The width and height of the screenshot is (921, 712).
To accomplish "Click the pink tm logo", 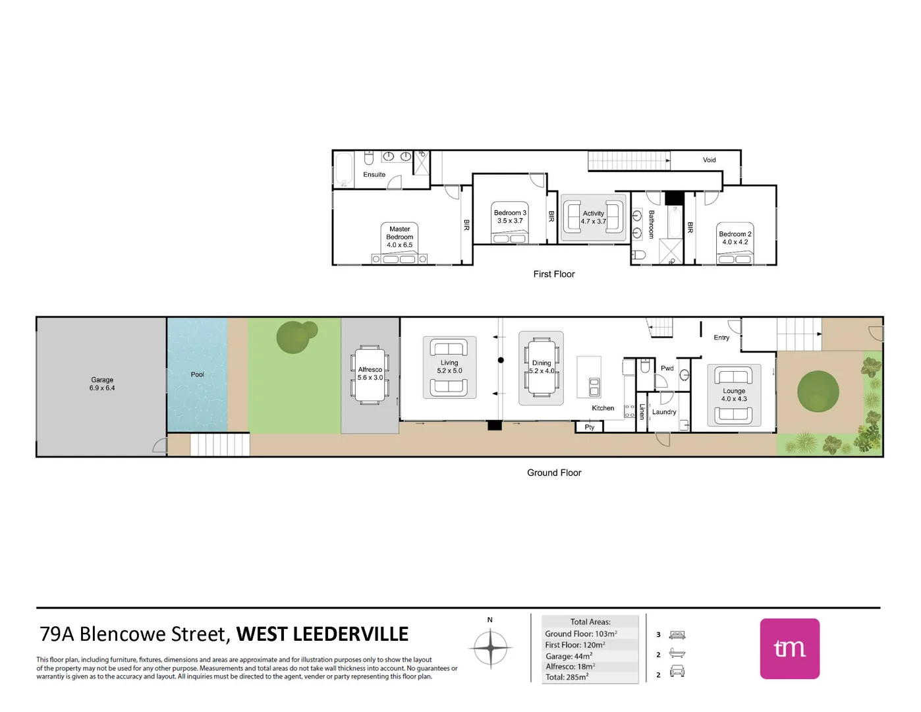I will tap(789, 649).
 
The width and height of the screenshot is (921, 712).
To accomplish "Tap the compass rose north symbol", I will tap(491, 647).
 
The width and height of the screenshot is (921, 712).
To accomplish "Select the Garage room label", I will tap(102, 380).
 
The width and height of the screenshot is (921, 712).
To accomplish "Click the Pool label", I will tap(197, 374).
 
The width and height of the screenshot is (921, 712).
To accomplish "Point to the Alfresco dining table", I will tap(370, 374).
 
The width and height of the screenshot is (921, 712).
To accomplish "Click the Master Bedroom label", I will tap(400, 233).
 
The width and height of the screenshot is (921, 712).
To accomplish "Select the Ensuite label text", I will tap(374, 175).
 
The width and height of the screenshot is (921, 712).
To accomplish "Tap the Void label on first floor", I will tap(709, 160).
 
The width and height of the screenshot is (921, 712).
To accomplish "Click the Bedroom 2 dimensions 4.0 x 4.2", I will tap(735, 242).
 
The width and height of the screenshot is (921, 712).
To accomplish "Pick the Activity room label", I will tap(593, 214).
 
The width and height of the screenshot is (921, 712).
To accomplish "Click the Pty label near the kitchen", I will tap(589, 427).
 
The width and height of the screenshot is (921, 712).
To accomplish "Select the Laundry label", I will tap(664, 412).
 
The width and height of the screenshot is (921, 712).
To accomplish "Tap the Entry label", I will tap(721, 338).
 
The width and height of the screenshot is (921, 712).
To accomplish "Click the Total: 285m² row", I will tap(567, 677).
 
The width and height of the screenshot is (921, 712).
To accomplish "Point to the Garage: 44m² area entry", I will tap(569, 656).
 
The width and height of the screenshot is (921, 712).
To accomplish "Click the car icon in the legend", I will tap(677, 672).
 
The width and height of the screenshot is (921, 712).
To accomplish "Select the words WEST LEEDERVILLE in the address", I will tap(322, 634).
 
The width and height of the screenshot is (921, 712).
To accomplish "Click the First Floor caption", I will tap(554, 274).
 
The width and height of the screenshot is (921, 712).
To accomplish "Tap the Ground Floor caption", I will tap(554, 473).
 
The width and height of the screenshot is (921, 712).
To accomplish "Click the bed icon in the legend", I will tap(677, 635).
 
